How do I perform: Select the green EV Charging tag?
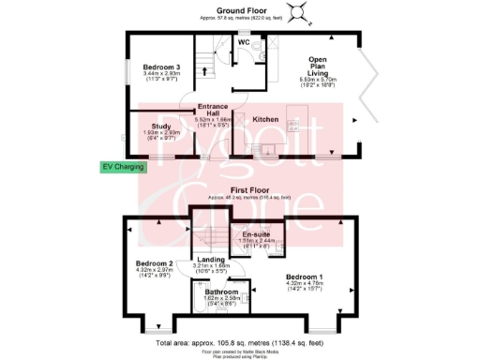click(x=125, y=168)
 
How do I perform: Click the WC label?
click(x=243, y=42)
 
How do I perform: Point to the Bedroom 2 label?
click(x=156, y=263)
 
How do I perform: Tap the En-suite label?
click(x=250, y=233)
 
